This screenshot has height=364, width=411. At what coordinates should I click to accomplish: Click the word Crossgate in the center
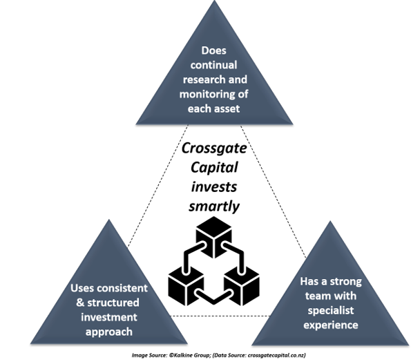coord(214,149)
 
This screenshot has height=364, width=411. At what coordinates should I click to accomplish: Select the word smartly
coord(214,207)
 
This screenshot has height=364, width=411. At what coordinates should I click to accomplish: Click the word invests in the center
coord(214,187)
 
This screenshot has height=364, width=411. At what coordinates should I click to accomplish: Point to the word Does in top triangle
coord(213,50)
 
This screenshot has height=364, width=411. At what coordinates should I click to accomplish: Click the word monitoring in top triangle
coord(205,95)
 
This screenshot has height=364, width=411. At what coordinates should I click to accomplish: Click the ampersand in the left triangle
coord(80,303)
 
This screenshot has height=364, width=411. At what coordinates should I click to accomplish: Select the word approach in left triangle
coord(108,332)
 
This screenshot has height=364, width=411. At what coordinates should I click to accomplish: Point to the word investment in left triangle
coord(108,317)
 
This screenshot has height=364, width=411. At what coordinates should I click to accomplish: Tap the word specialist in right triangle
coord(331,311)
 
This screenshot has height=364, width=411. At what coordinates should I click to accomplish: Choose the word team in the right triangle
coord(316,296)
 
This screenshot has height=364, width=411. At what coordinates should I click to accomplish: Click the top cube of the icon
coord(214,237)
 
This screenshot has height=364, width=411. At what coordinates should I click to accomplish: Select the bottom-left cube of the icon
coord(186,286)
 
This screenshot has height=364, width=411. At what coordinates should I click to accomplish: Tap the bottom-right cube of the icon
coord(242,286)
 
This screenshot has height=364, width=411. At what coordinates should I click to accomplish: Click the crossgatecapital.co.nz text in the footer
coord(276,355)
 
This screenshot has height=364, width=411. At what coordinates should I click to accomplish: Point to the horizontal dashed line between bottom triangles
coord(220,316)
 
